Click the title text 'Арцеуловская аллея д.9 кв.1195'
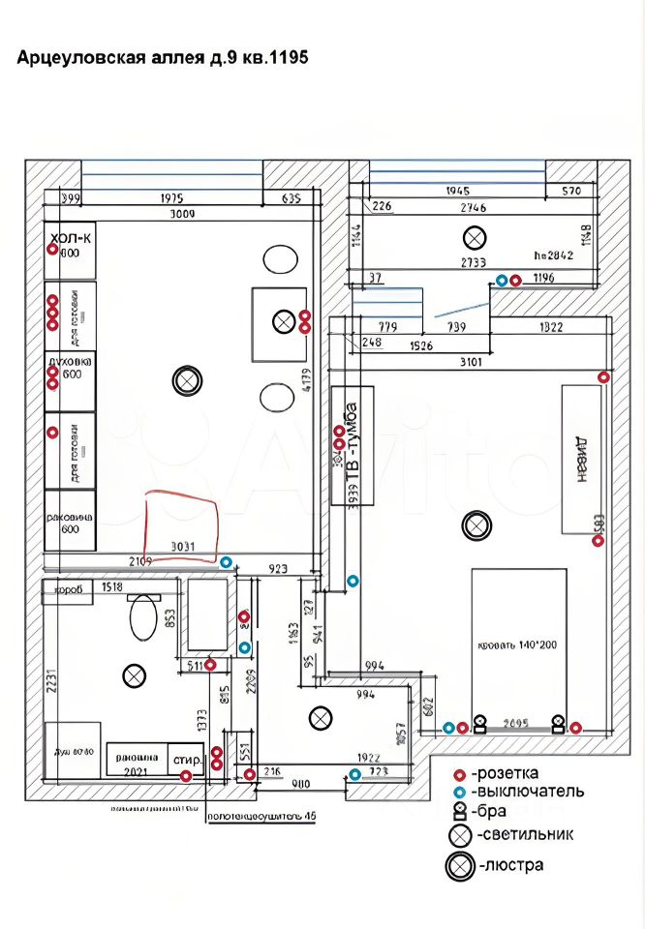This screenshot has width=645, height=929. pyautogui.click(x=163, y=58)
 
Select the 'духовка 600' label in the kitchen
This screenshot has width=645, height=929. pyautogui.click(x=71, y=367)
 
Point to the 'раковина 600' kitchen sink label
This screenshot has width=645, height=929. pyautogui.click(x=70, y=524)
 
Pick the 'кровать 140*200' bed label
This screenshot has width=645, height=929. pyautogui.click(x=517, y=644)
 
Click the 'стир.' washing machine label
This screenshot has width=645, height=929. pyautogui.click(x=187, y=761)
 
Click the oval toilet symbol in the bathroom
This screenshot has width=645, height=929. pyautogui.click(x=143, y=617)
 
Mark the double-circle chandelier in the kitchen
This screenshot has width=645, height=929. pyautogui.click(x=187, y=381)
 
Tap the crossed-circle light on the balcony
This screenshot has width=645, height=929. pyautogui.click(x=475, y=236)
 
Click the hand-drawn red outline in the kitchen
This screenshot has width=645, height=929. pyautogui.click(x=182, y=526)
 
